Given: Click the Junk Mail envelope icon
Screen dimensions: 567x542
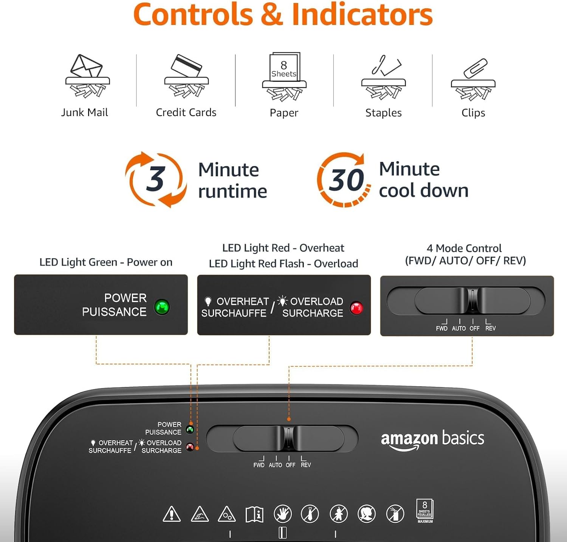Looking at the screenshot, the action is [87, 76].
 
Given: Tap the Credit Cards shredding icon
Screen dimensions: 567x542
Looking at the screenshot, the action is [186, 76].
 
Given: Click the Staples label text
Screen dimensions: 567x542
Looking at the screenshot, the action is [383, 113].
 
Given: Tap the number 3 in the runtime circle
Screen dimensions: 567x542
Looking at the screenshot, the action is [155, 179].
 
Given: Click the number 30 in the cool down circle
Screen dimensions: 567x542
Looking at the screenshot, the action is [346, 180].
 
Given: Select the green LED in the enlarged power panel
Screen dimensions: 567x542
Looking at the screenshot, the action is [162, 307].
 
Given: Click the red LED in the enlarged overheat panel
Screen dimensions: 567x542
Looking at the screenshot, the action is [356, 308].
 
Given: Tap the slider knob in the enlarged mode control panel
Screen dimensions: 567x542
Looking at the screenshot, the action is [472, 301].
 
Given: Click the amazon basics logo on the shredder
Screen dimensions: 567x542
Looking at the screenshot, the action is [432, 440].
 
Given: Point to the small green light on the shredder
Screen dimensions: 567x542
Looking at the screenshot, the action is [190, 429].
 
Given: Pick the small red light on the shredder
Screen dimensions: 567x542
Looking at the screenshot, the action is [190, 447].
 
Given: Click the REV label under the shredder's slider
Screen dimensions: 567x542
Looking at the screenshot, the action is [306, 465].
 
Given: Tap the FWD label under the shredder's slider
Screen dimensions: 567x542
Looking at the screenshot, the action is [259, 465].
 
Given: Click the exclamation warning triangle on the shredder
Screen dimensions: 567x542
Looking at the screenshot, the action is [172, 514].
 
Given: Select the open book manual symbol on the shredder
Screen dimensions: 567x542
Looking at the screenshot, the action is [255, 514].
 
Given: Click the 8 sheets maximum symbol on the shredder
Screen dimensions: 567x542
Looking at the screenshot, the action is [425, 511].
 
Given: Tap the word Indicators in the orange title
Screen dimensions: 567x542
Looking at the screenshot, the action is [362, 15].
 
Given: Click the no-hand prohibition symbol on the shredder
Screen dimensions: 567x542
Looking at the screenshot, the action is [283, 514].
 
